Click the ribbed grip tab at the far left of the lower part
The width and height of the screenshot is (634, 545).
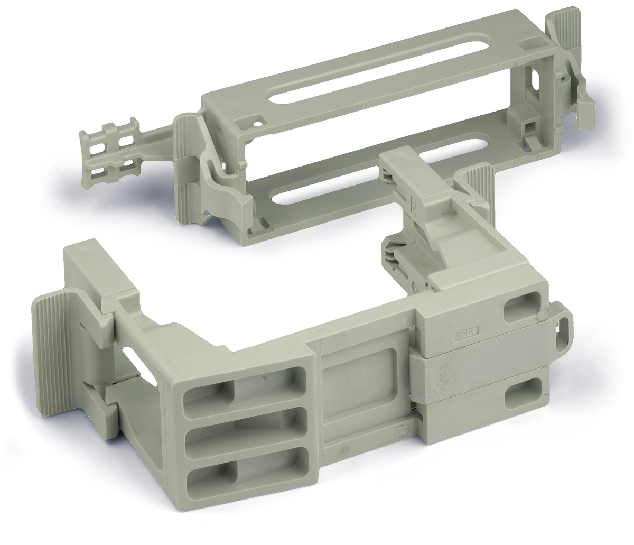tap(50, 338)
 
